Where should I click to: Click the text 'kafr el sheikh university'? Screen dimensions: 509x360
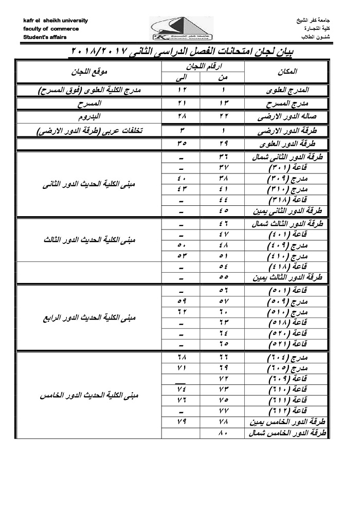point(56,21)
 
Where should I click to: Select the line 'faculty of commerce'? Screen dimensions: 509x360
point(51,29)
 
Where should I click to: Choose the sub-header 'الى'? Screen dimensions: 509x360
point(183,77)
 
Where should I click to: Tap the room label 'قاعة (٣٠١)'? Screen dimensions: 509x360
point(288,168)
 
